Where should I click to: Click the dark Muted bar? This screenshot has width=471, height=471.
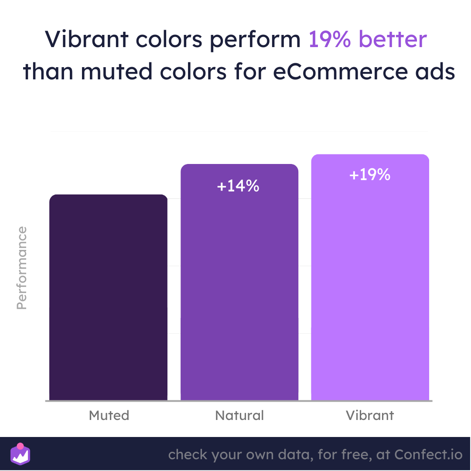pyautogui.click(x=109, y=297)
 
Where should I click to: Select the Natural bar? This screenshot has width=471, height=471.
pyautogui.click(x=239, y=282)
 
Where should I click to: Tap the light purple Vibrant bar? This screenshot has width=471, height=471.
pyautogui.click(x=370, y=277)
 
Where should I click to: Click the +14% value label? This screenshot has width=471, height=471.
pyautogui.click(x=238, y=186)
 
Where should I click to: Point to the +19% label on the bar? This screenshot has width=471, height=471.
pyautogui.click(x=370, y=174)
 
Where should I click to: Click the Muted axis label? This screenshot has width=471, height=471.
pyautogui.click(x=109, y=416)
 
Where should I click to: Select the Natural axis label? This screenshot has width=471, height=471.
pyautogui.click(x=239, y=416)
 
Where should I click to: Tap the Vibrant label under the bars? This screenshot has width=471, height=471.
pyautogui.click(x=370, y=416)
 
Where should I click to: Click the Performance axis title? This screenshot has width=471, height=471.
pyautogui.click(x=22, y=268)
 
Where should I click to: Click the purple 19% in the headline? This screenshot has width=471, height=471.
pyautogui.click(x=330, y=39)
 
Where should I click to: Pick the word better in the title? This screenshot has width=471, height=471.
pyautogui.click(x=393, y=39)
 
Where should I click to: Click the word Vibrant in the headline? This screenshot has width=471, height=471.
pyautogui.click(x=86, y=39)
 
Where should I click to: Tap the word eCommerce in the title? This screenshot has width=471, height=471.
pyautogui.click(x=340, y=72)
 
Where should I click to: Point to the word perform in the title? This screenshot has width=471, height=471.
pyautogui.click(x=255, y=41)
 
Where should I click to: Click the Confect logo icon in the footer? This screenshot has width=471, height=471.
pyautogui.click(x=20, y=454)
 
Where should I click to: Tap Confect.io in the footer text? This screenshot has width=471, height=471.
pyautogui.click(x=428, y=454)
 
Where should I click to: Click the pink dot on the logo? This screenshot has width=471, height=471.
pyautogui.click(x=20, y=446)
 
